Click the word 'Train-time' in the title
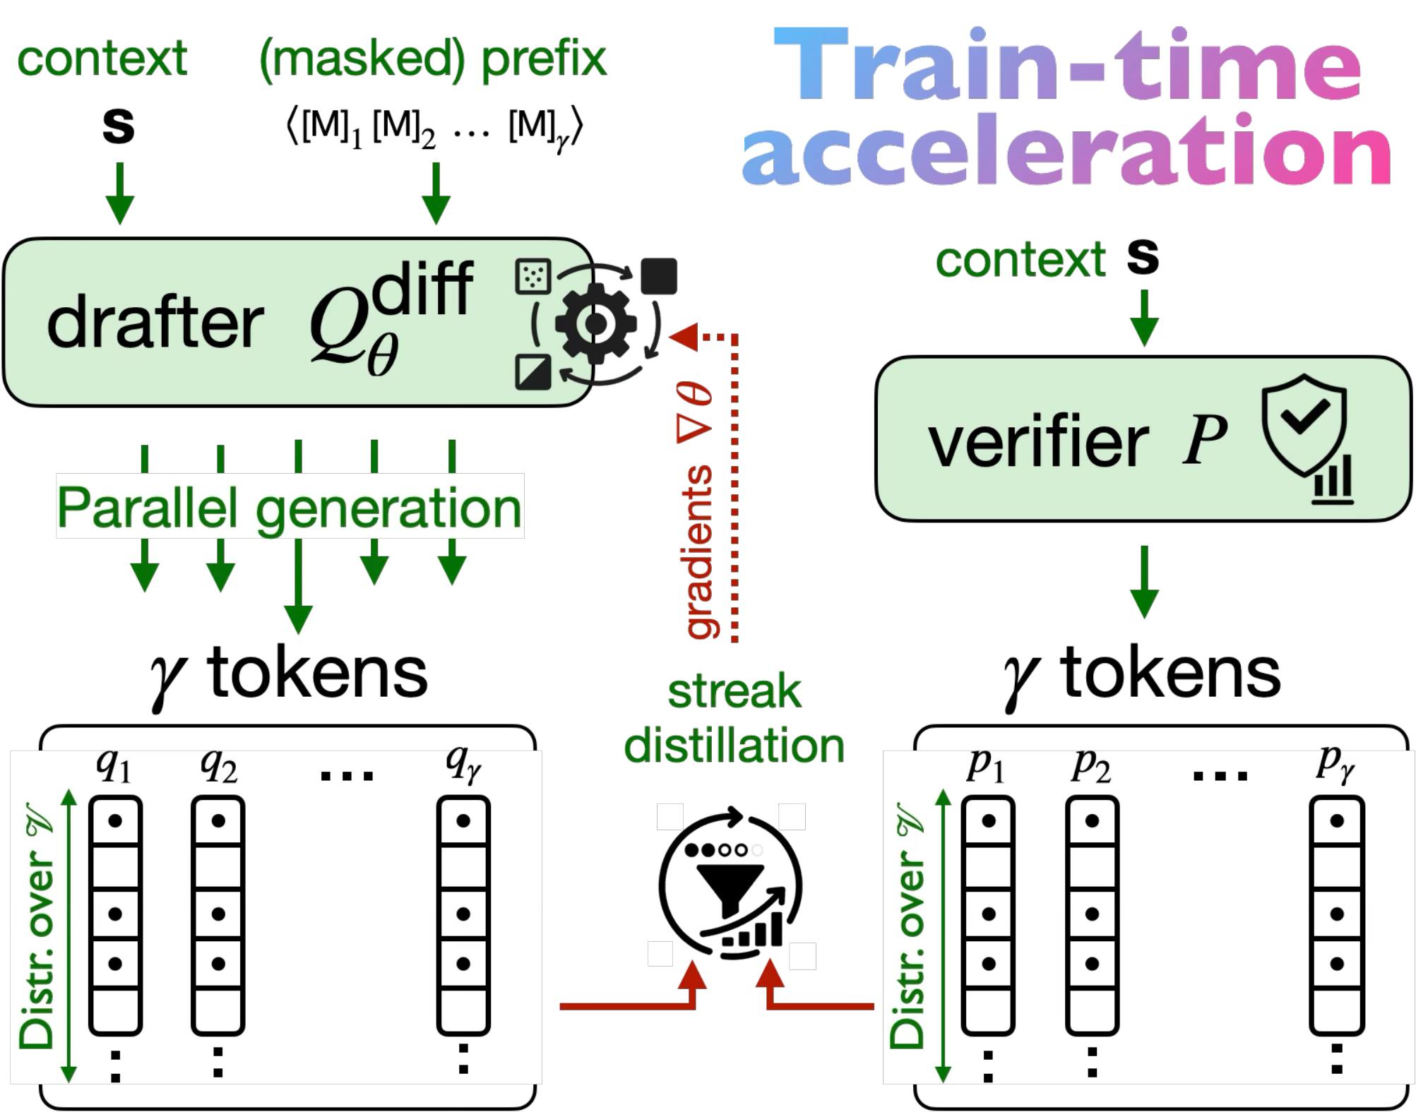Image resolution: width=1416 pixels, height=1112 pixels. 1066,65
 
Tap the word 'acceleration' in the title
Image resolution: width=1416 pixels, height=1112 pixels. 1066,152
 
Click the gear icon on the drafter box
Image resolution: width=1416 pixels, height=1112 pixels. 595,324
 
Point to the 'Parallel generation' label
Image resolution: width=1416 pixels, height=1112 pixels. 290,507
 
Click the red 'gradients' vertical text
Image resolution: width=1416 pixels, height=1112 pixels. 700,551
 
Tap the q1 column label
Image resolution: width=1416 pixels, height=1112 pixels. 113,765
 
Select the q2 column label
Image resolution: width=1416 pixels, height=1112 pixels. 218,765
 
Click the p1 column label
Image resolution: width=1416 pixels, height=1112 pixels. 985,765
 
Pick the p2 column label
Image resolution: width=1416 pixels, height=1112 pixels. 1090,765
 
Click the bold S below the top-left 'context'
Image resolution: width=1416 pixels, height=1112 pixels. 118,126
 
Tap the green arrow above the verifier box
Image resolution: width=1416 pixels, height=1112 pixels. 1143,318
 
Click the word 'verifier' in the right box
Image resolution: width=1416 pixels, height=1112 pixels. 1038,443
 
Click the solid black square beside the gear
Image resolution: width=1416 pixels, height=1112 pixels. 658,276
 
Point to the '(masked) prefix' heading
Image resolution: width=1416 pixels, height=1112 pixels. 432,59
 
